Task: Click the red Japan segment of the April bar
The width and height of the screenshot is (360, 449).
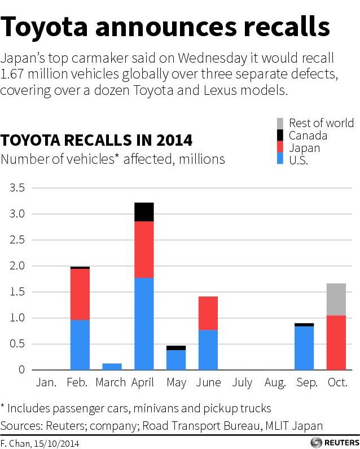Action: click(144, 249)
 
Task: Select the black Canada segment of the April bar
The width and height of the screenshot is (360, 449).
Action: click(144, 212)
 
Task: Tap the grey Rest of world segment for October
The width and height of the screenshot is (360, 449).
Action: click(336, 299)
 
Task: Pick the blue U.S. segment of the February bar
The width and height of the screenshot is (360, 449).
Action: click(80, 345)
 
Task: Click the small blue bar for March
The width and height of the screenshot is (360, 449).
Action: click(112, 367)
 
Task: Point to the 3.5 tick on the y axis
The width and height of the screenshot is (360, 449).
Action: click(17, 188)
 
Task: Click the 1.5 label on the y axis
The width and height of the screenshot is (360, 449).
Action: click(17, 292)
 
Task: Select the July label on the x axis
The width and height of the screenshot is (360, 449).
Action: click(242, 383)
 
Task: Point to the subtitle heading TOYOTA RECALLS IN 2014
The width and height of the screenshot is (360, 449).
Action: click(96, 140)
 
